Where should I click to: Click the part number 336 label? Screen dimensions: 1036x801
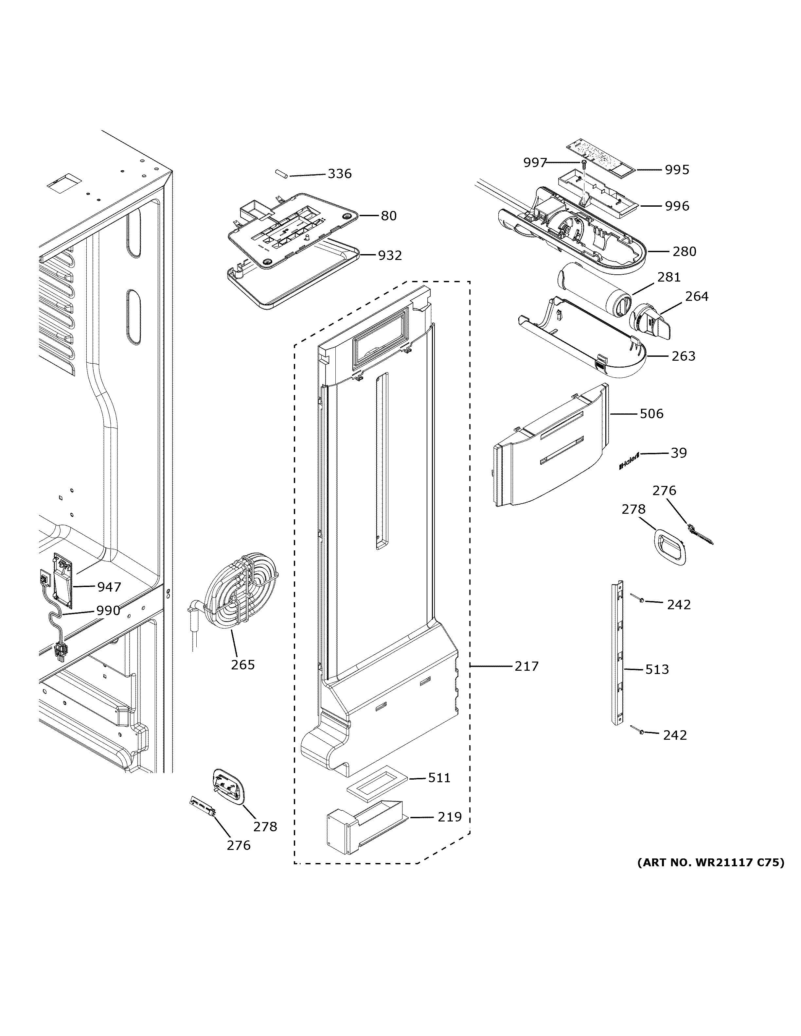(x=339, y=174)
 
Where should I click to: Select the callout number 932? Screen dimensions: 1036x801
(x=390, y=256)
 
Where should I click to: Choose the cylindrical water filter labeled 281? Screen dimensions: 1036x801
(x=593, y=289)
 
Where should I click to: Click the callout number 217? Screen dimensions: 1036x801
(x=527, y=666)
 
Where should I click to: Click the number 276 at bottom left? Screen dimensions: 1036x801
(x=238, y=846)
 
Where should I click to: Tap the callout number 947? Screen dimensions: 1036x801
(x=109, y=587)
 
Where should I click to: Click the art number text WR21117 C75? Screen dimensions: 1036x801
(x=710, y=862)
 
